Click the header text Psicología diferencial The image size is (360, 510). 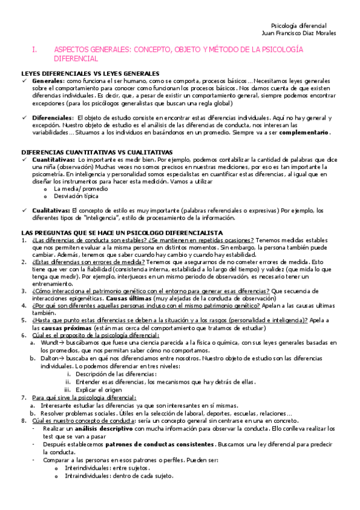[x=299, y=26]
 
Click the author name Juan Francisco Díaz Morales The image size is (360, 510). [x=296, y=33]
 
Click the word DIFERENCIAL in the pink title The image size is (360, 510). [x=75, y=60]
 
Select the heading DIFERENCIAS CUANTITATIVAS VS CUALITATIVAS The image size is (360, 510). [x=97, y=152]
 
